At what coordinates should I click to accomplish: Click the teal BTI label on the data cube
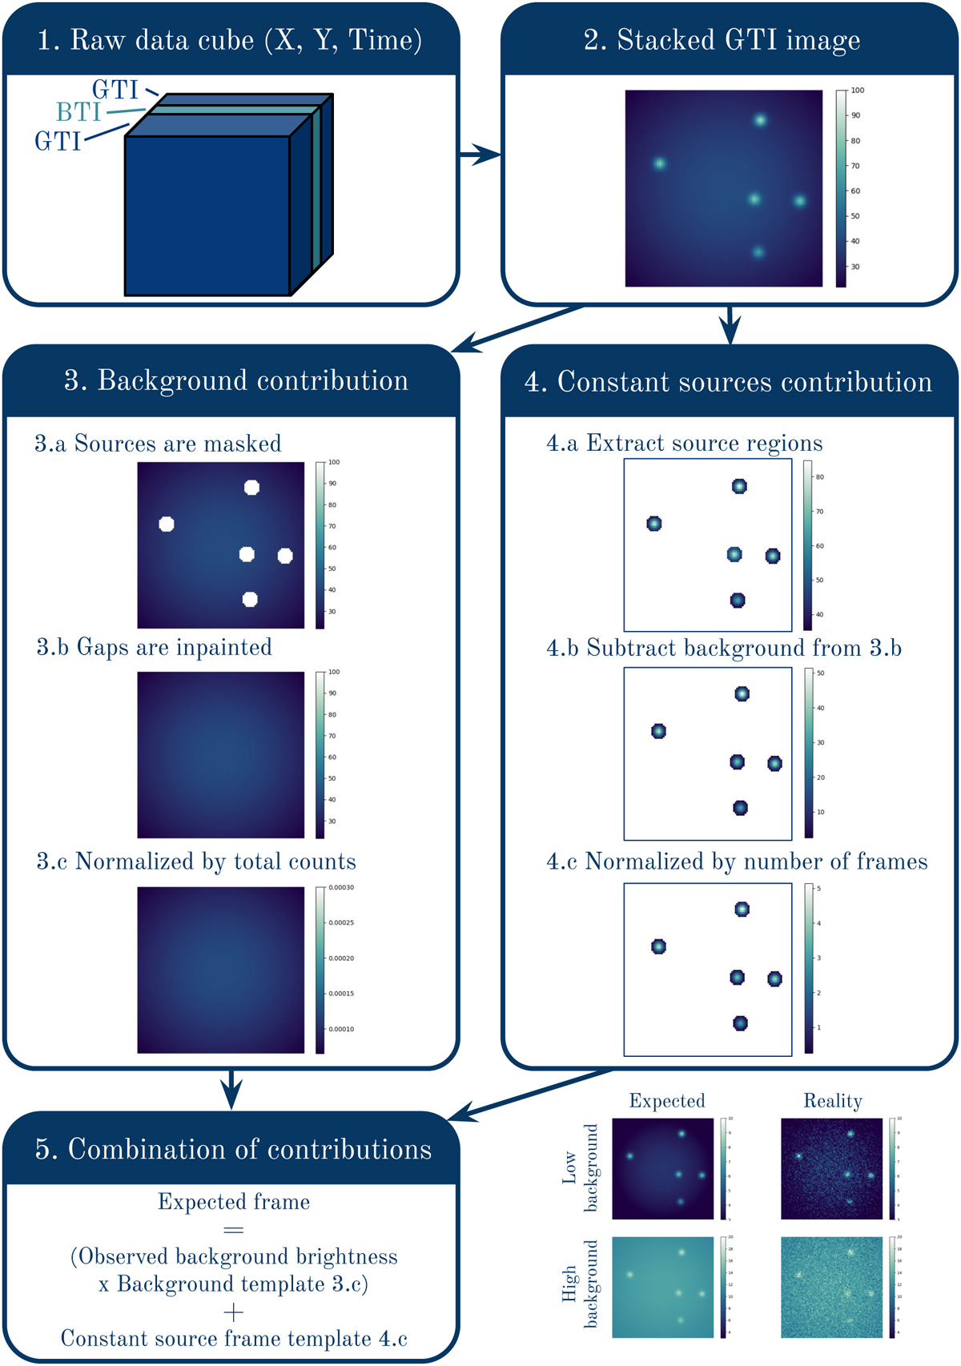point(78,112)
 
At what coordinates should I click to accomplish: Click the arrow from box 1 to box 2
point(480,155)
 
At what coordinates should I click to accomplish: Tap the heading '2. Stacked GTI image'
point(722,40)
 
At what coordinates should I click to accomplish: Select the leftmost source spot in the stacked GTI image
point(659,163)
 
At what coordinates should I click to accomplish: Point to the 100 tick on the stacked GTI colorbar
point(857,90)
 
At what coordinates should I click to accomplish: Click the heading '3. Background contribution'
point(236,381)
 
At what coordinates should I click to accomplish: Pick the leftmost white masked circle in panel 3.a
point(167,524)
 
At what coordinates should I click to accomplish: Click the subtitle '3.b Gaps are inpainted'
point(154,647)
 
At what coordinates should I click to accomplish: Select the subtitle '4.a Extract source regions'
point(684,444)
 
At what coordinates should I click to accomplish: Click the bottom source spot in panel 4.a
point(738,600)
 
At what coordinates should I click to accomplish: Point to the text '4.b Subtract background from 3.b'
point(723,648)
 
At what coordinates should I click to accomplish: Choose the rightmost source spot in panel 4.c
point(774,978)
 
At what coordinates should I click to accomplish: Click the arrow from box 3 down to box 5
point(231,1090)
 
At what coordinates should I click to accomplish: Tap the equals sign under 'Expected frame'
point(233,1229)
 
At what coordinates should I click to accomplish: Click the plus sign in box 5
point(233,1312)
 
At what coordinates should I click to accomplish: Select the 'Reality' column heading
point(832,1101)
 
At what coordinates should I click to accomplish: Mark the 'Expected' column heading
point(666,1101)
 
